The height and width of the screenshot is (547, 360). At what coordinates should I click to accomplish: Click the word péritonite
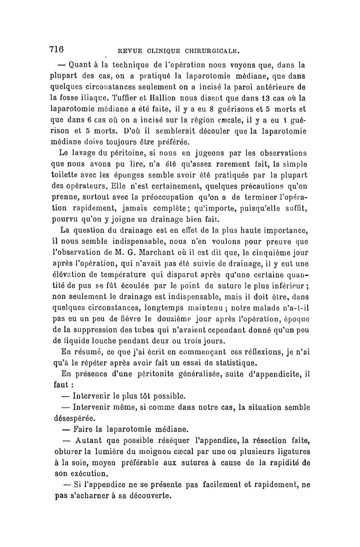154,374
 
